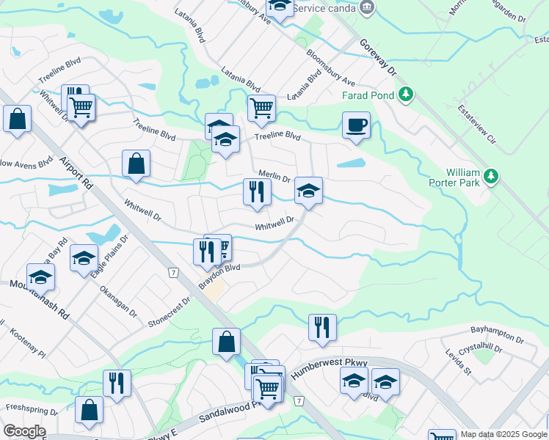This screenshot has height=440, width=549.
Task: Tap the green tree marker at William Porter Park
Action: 491,176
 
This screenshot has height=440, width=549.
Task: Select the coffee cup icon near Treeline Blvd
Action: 356,125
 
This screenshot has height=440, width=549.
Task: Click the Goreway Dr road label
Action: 379,58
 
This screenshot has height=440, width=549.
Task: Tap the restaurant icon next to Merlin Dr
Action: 257,192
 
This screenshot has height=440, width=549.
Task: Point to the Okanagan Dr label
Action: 118,301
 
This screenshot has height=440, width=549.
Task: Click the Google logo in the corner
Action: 23,431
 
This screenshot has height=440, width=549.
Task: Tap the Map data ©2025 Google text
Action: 503,434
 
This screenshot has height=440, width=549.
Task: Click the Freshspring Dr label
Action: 32,407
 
